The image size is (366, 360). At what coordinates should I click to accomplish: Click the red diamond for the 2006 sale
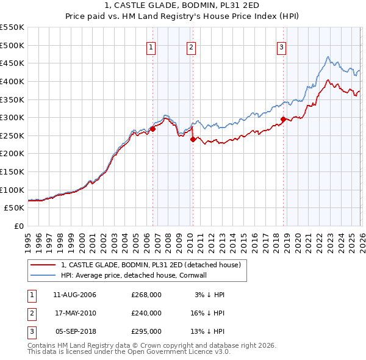[152, 129]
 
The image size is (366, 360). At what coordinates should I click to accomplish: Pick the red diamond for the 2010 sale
[193, 139]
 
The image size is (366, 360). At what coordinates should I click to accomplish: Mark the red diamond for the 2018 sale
[283, 119]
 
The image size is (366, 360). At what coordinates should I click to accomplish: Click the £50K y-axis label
[15, 208]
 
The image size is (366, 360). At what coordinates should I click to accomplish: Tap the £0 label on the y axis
[19, 226]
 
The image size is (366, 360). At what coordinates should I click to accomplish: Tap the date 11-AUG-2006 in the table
[74, 295]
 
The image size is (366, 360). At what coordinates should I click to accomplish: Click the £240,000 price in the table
[146, 313]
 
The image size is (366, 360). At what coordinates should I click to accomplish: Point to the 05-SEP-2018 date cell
[74, 331]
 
